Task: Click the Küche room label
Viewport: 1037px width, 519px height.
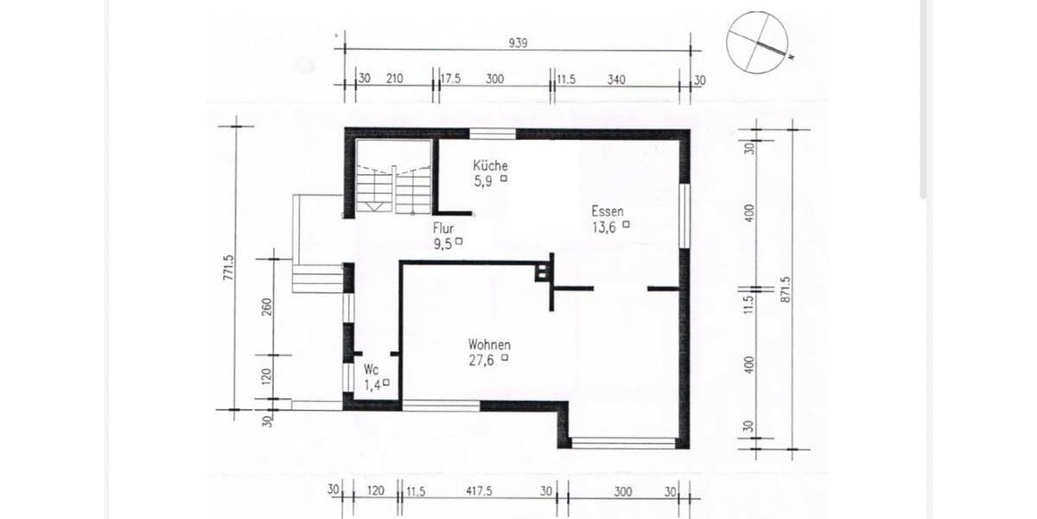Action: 490,165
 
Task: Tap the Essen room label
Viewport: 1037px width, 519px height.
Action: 608,210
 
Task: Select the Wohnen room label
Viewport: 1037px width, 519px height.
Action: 489,344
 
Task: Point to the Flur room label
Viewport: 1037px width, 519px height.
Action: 444,229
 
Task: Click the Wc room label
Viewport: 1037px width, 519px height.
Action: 372,369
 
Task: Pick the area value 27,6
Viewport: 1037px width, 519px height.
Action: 481,360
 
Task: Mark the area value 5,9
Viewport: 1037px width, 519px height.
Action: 483,181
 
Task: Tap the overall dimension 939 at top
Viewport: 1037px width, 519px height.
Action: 518,42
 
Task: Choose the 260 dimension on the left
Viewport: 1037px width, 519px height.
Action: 267,306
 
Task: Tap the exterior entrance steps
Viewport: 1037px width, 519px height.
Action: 317,279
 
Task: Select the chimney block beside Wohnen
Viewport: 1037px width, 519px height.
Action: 543,271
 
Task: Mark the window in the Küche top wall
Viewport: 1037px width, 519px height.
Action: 492,133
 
